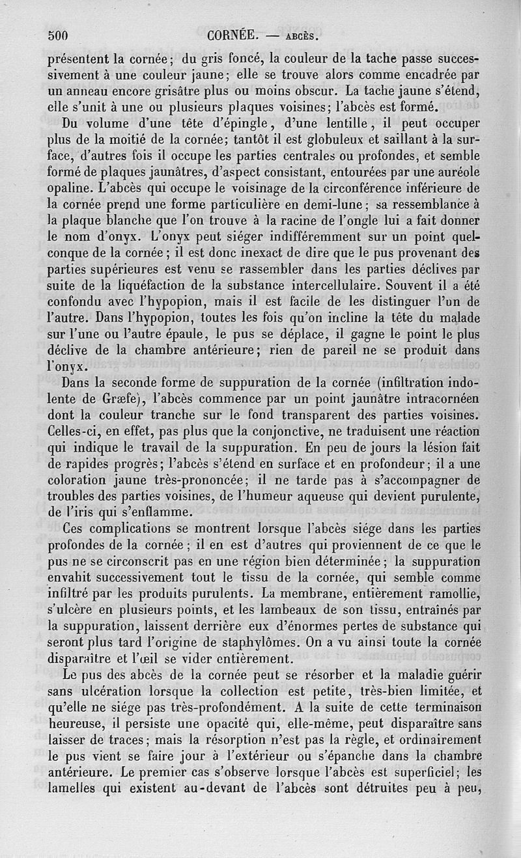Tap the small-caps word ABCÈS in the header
(x=302, y=36)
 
